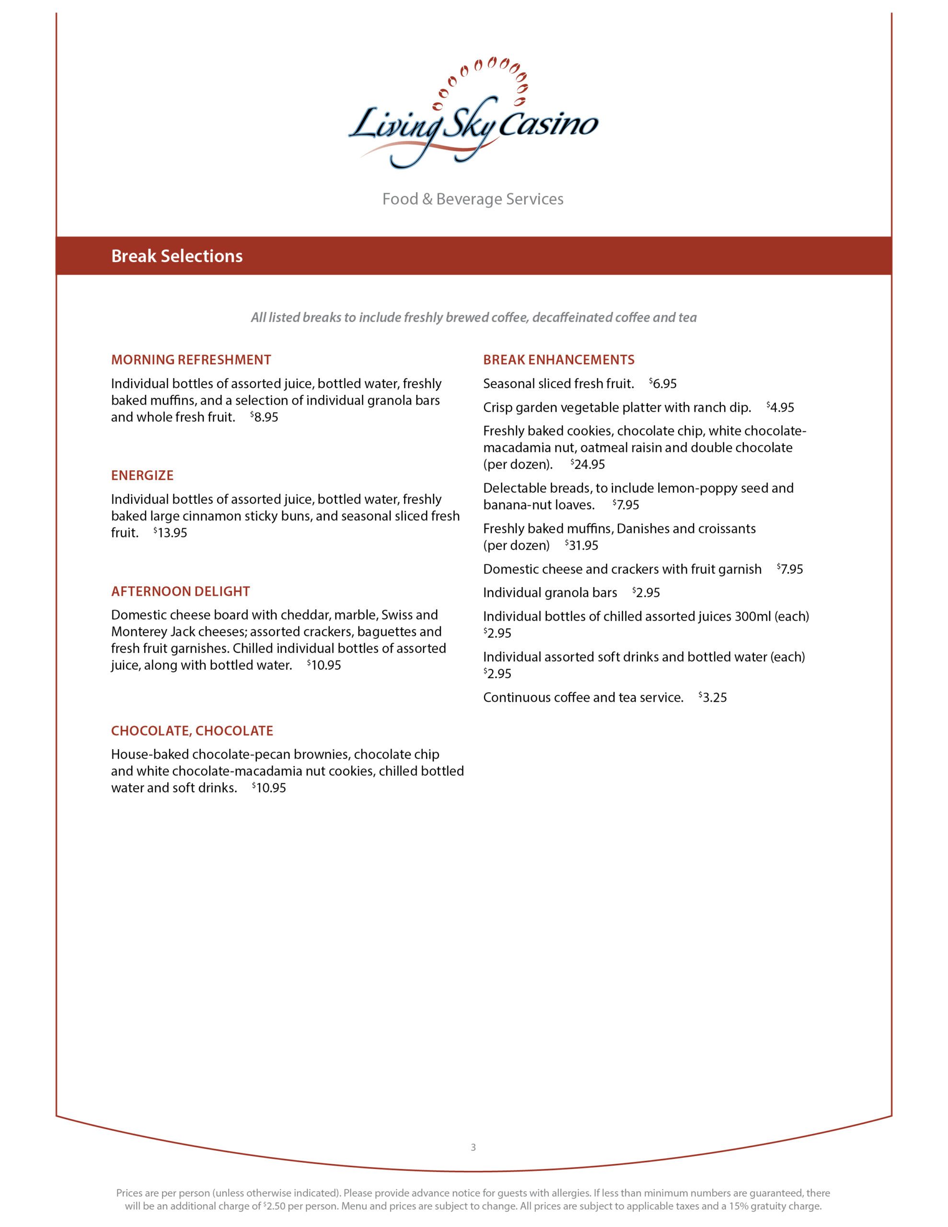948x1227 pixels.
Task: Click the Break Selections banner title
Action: click(x=176, y=256)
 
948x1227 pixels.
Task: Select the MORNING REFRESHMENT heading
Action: click(x=191, y=359)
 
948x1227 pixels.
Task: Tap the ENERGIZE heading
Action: click(x=142, y=475)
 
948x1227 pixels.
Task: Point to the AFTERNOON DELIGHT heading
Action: click(x=180, y=591)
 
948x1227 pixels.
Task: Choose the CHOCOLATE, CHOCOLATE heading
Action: click(x=192, y=730)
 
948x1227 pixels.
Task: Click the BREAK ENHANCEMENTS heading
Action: click(x=558, y=359)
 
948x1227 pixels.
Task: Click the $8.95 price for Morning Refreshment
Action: click(x=265, y=417)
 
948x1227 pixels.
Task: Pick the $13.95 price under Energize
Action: click(x=171, y=533)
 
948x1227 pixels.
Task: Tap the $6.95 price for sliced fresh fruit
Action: click(x=663, y=384)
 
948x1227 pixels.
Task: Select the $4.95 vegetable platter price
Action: click(x=781, y=408)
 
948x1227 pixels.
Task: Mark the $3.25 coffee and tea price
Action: click(x=713, y=698)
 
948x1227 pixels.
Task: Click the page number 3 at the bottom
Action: click(x=473, y=1147)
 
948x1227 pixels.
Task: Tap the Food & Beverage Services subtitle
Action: click(x=473, y=199)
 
